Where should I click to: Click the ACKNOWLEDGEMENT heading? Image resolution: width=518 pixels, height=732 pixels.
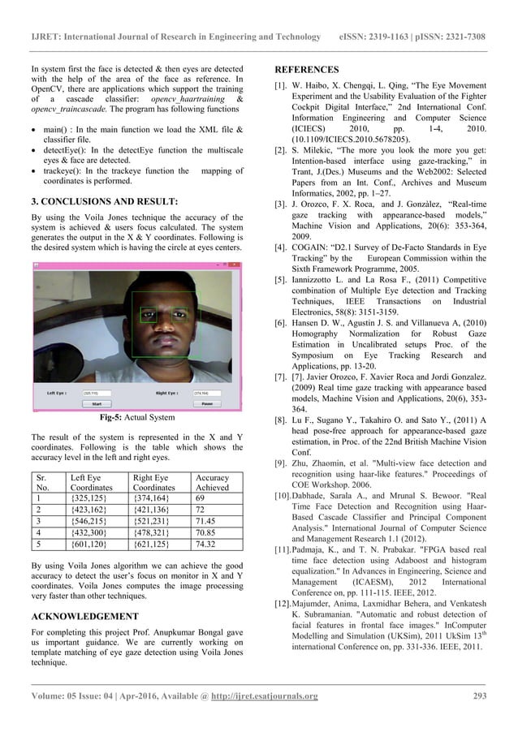click(83, 616)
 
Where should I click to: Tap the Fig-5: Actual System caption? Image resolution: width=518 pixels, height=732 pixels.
click(136, 418)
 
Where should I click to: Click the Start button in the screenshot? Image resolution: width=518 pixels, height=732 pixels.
click(96, 403)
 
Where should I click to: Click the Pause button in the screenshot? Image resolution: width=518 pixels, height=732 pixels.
click(206, 403)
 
